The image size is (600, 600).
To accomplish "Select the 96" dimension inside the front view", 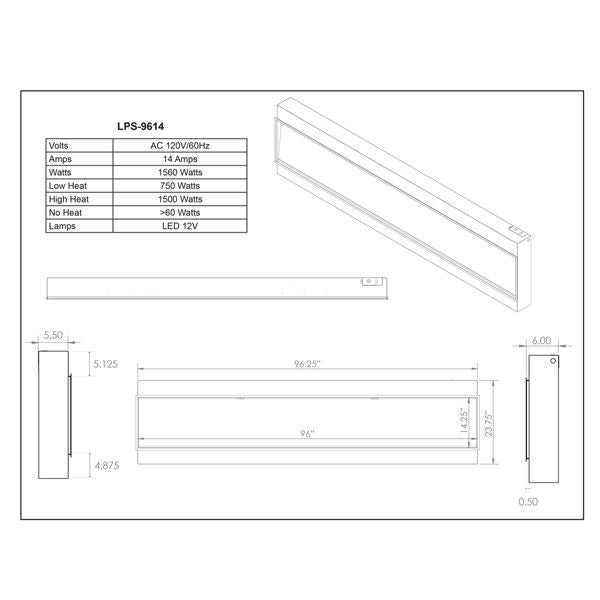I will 307,434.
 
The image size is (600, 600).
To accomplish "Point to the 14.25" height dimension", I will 464,418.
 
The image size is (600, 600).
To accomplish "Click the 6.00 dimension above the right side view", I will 542,340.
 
